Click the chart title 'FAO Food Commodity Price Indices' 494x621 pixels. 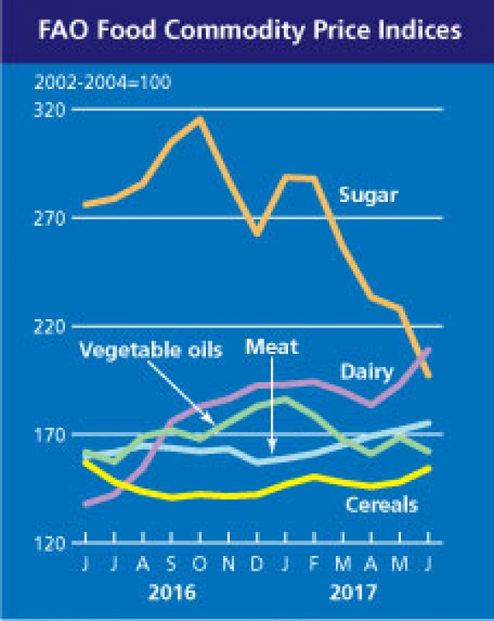coord(247,34)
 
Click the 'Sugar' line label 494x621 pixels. coord(368,195)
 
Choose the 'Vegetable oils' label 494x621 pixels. coord(151,350)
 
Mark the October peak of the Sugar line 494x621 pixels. coord(199,119)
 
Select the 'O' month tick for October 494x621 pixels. coord(200,567)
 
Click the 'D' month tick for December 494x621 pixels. coord(258,567)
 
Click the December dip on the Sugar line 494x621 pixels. coord(257,234)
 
